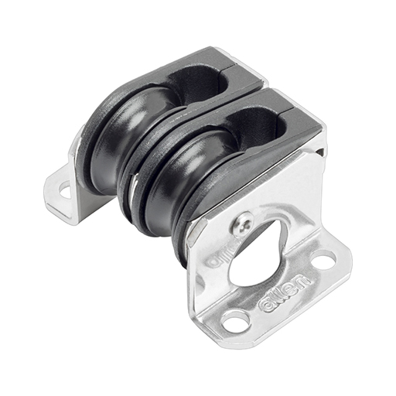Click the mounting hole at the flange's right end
coord(323,260)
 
